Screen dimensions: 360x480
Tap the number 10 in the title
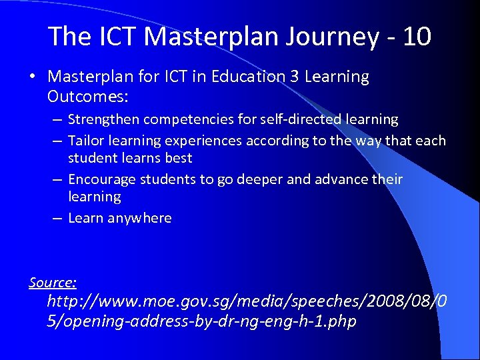[x=417, y=37]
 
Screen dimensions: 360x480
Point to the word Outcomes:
[x=87, y=97]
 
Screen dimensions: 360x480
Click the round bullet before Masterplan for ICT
[x=33, y=77]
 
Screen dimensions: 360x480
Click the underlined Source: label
[x=53, y=282]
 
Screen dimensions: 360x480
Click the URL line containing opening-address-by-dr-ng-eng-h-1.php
[x=201, y=321]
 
